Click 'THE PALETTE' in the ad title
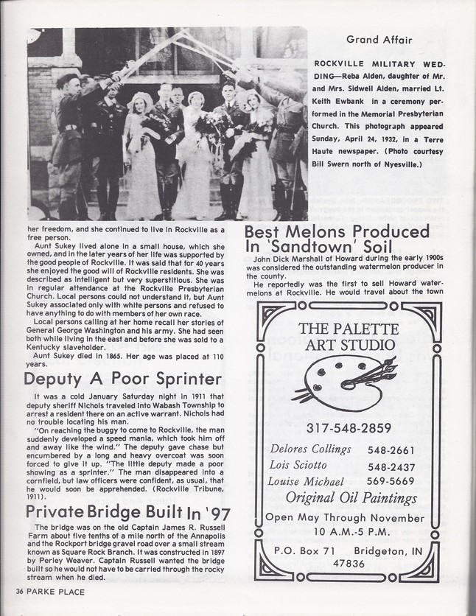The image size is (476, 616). tap(348, 328)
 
